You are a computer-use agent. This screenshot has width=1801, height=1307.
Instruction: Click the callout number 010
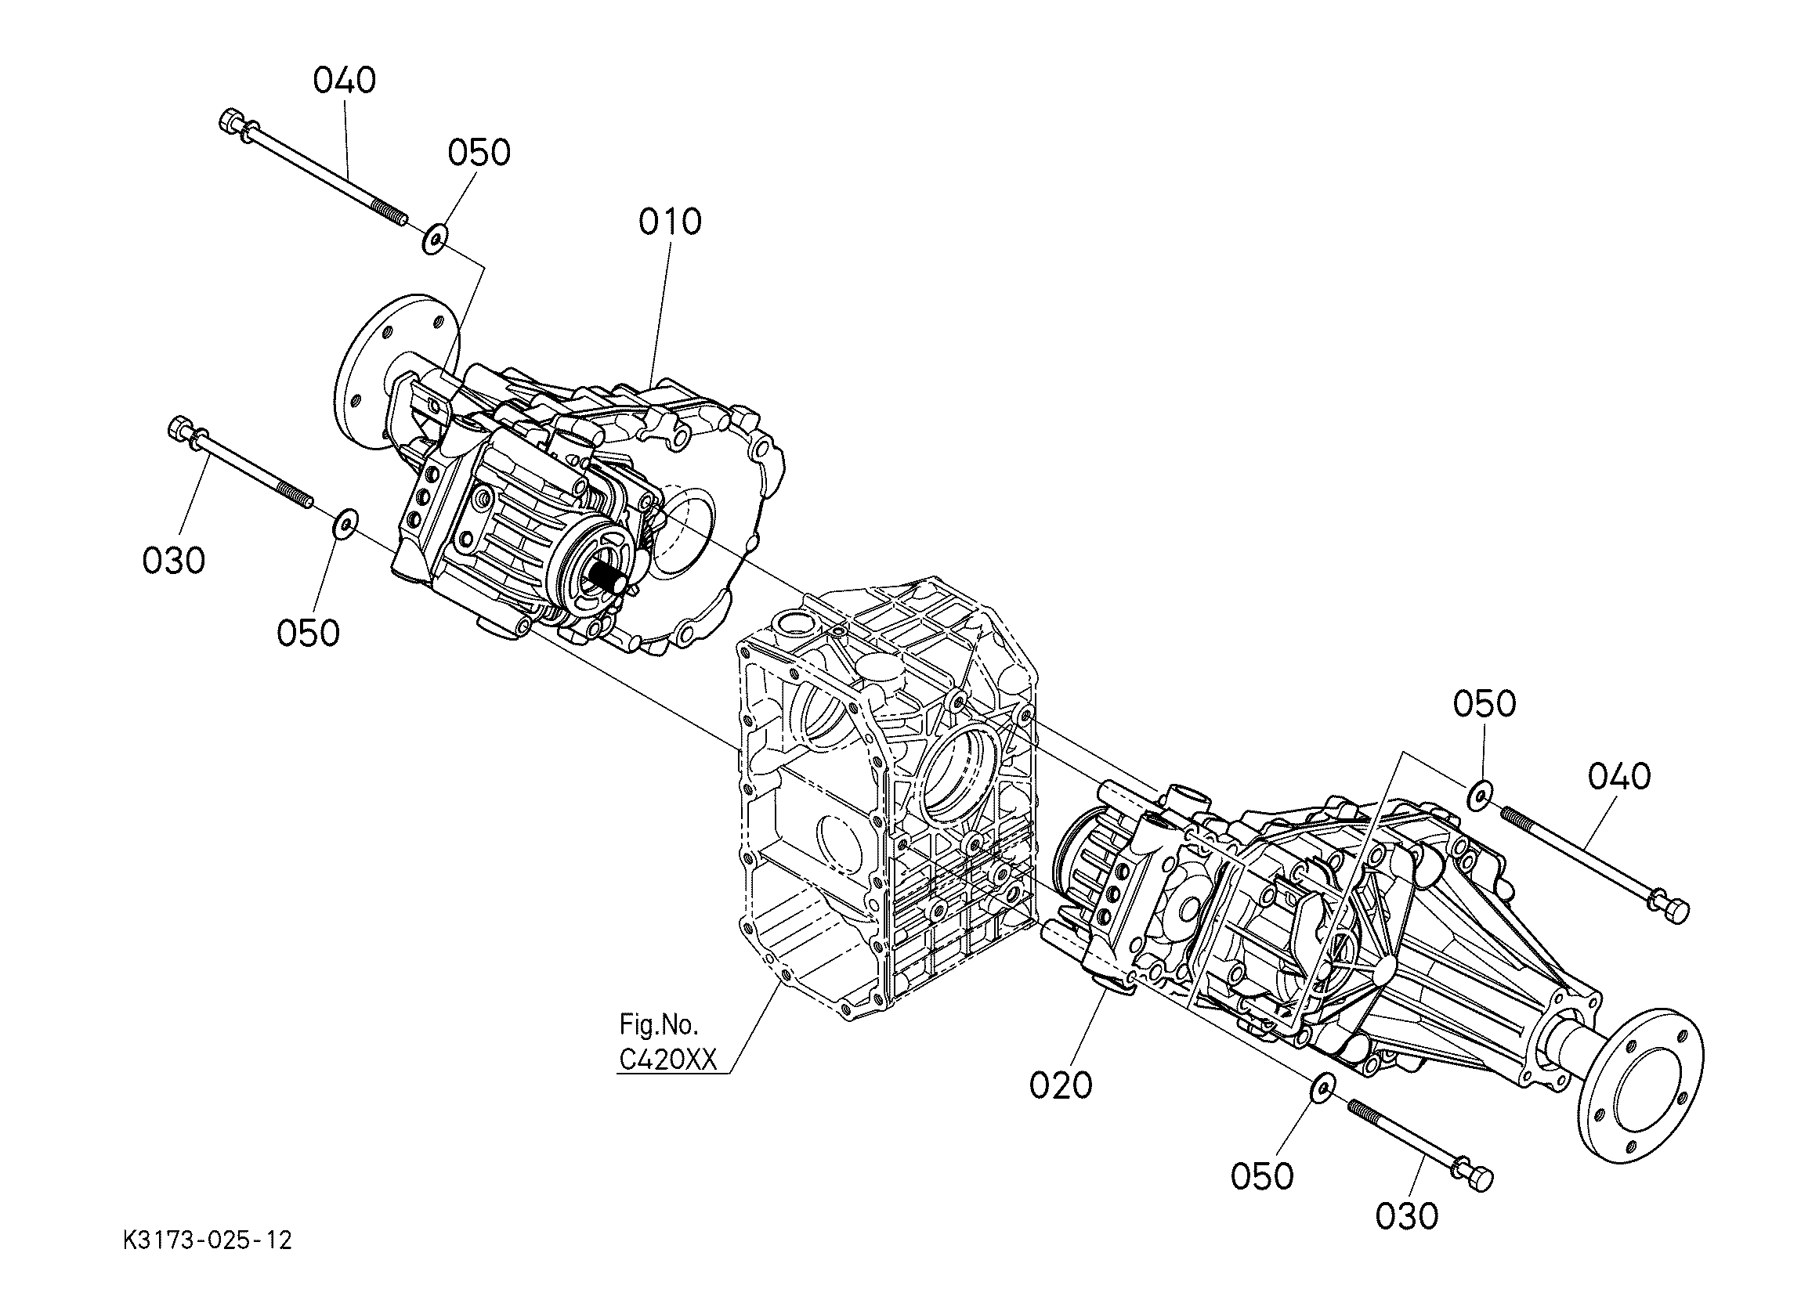(671, 222)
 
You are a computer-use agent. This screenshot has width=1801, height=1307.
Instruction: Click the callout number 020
(1061, 1085)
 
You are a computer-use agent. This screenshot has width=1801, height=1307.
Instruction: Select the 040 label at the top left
(345, 81)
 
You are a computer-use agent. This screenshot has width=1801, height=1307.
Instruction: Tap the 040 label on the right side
(1620, 777)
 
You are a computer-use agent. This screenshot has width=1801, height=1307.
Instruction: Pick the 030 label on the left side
(174, 561)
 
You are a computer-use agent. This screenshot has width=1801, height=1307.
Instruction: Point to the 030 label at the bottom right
(1407, 1215)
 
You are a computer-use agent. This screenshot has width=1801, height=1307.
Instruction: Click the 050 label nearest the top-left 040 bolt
(479, 153)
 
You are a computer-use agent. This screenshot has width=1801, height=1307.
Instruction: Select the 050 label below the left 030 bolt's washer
(308, 633)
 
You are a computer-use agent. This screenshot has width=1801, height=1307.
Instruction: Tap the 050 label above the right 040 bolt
(1485, 703)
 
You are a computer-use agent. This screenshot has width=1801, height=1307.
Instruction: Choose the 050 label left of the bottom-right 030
(1263, 1176)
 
